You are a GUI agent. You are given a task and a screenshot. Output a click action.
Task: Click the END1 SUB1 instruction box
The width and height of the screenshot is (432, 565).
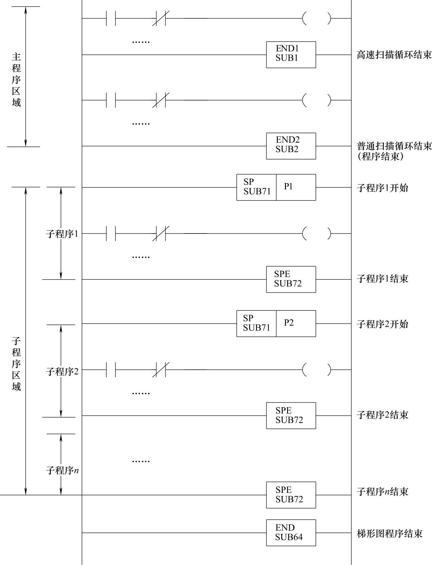(291, 55)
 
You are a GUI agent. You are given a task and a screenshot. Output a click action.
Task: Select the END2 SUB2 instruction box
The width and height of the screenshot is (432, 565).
(291, 146)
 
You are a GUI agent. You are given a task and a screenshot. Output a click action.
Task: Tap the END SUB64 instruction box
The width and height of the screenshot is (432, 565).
(291, 533)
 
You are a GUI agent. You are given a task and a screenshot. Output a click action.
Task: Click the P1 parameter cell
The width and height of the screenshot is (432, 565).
(296, 187)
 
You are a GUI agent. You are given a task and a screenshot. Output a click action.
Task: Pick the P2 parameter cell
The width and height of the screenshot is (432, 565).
(296, 323)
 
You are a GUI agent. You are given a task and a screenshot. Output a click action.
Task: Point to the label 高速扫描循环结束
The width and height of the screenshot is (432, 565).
(394, 55)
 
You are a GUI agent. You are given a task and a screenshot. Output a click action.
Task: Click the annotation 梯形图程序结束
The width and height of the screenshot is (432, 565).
(389, 533)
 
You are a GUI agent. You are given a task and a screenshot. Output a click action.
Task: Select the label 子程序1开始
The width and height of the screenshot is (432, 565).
(382, 188)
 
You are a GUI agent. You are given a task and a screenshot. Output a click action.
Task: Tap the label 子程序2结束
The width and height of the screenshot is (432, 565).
(382, 415)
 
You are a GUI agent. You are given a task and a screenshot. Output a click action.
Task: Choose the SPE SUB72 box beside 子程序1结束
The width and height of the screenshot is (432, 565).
(291, 279)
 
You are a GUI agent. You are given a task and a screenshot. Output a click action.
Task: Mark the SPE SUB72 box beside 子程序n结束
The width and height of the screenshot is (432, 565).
(291, 495)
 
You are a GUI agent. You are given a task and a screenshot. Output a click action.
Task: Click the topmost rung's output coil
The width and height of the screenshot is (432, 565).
(317, 18)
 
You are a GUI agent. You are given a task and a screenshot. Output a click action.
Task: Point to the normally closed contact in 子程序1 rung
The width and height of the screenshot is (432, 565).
(161, 233)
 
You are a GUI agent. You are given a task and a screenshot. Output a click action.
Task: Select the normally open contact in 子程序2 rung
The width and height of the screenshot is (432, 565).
(111, 370)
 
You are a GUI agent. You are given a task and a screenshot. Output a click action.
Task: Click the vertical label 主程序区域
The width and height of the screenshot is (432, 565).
(16, 79)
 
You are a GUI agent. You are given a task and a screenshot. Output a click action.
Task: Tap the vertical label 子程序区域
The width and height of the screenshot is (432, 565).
(16, 364)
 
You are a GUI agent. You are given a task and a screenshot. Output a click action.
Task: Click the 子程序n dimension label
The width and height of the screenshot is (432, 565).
(62, 470)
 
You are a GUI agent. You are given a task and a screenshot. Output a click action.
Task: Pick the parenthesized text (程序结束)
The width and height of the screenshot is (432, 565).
(381, 156)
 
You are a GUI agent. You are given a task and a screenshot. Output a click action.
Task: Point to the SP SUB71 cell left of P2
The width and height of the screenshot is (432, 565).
(256, 323)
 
